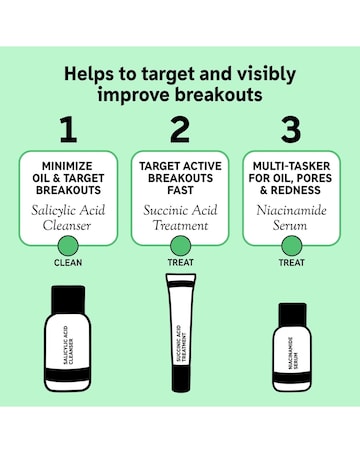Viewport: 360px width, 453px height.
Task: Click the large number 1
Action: [x=69, y=130]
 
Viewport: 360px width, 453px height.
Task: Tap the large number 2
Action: [x=180, y=130]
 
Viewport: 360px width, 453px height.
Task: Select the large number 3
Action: [x=291, y=130]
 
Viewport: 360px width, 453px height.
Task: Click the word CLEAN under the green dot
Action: [x=68, y=263]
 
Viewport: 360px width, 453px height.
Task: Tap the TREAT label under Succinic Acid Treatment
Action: [x=180, y=262]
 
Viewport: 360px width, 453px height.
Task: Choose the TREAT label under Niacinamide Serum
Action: [x=292, y=262]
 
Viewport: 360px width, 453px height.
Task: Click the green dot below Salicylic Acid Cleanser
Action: [x=68, y=246]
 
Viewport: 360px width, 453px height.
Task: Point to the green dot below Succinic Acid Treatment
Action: [x=180, y=246]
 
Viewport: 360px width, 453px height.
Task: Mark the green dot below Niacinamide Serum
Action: [x=292, y=246]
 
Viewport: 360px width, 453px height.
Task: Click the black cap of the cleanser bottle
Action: [x=68, y=299]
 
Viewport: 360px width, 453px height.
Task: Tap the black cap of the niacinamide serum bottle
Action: [x=292, y=315]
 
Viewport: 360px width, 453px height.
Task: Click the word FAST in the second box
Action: [x=180, y=190]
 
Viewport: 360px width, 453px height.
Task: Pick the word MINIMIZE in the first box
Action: [x=67, y=166]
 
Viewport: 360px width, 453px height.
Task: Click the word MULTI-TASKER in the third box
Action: [x=291, y=166]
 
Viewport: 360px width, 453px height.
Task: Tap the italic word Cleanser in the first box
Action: [x=67, y=225]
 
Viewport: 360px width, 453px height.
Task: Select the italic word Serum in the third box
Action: [x=290, y=225]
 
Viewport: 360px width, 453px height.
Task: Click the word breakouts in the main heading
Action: [x=219, y=95]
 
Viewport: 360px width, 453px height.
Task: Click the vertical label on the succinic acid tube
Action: [x=180, y=343]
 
